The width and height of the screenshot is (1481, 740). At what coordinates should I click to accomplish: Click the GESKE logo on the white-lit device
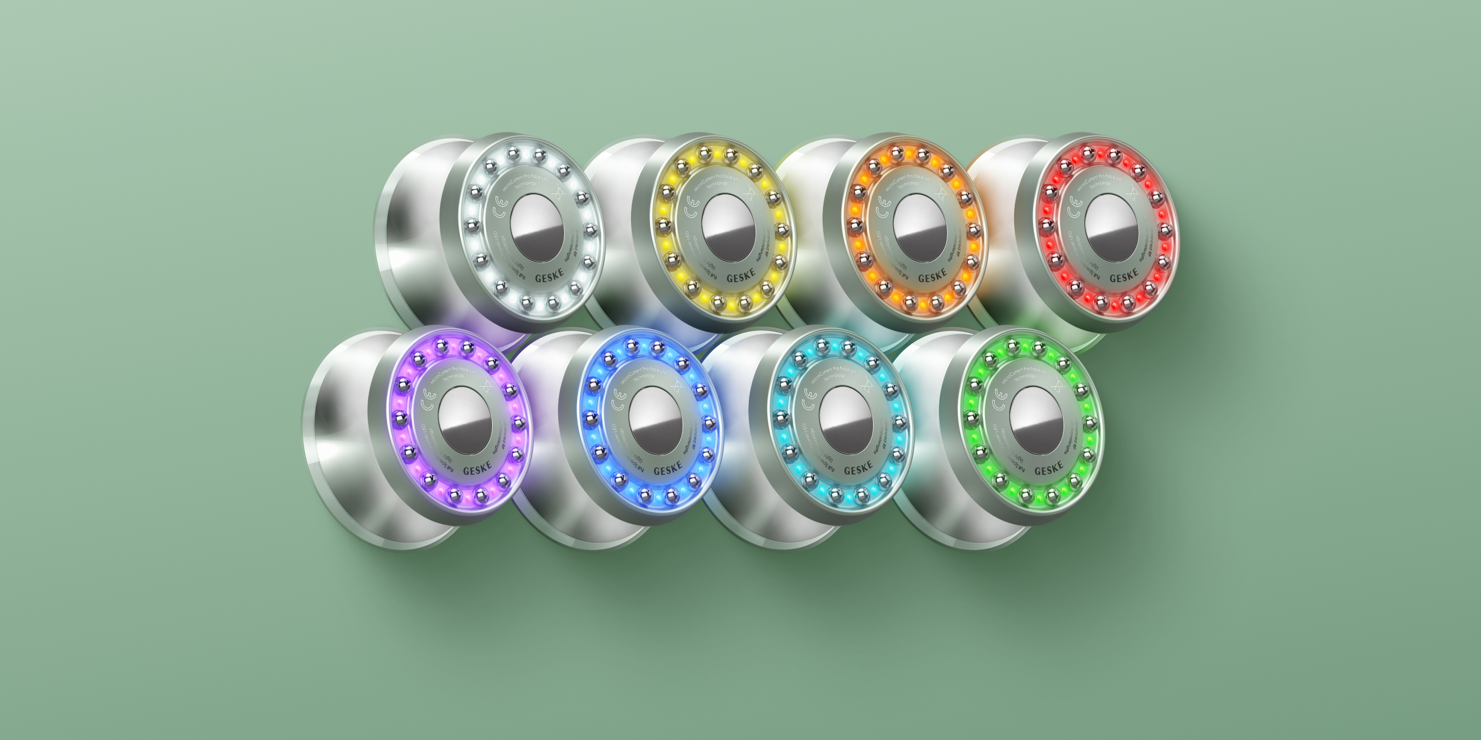click(549, 277)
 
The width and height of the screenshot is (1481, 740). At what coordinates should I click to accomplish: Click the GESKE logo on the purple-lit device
click(477, 469)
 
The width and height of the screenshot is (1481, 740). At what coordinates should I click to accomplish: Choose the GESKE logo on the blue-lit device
click(667, 469)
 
